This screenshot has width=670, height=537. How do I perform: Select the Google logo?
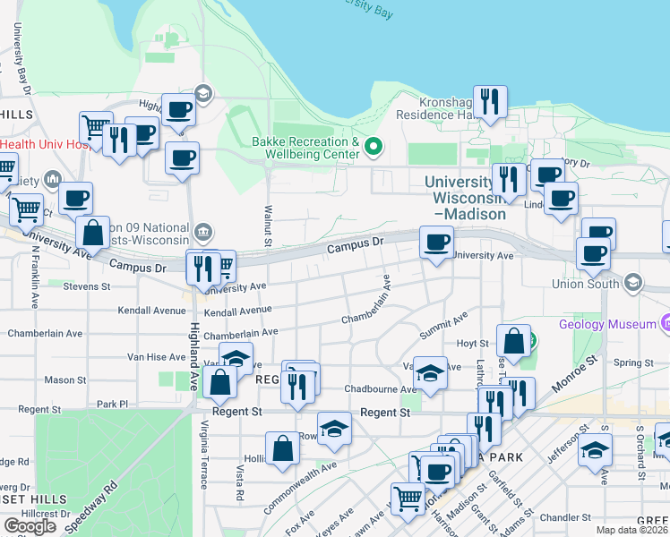[x=30, y=525]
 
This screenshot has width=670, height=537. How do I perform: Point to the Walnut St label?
[x=267, y=222]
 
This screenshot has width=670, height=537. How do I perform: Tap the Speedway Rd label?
[x=99, y=499]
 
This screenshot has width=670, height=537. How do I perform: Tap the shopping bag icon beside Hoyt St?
[x=513, y=340]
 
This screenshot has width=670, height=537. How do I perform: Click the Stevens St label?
[x=87, y=286]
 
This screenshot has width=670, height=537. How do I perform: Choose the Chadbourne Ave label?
[x=382, y=389]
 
